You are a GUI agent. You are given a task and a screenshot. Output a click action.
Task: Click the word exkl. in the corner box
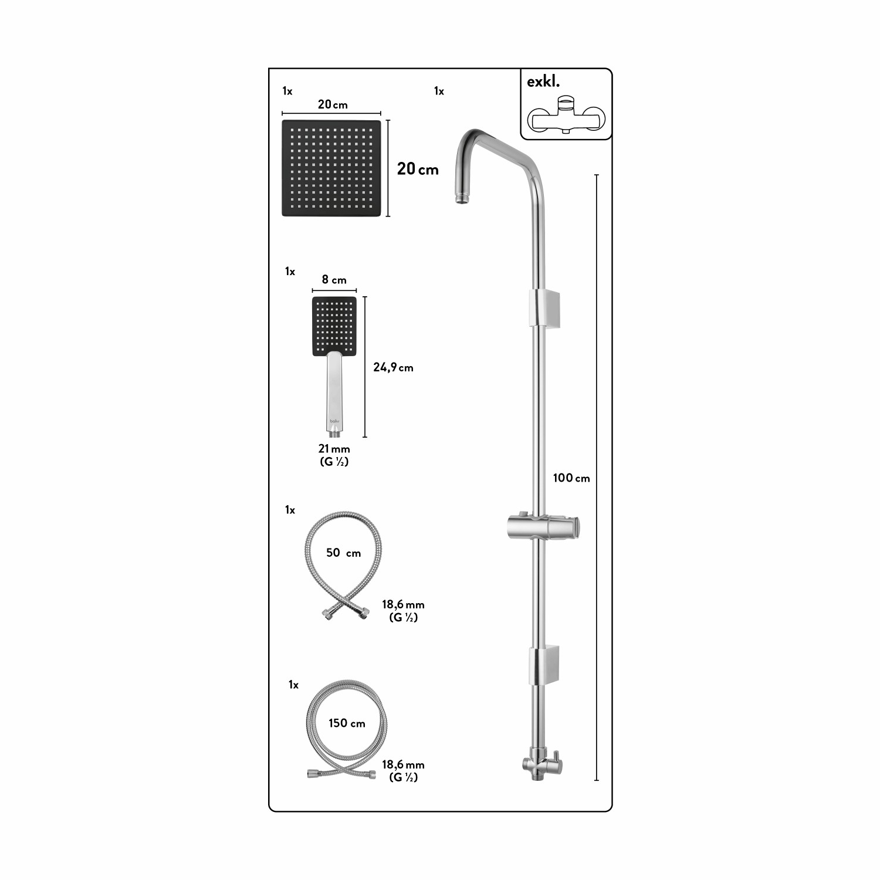coord(543,82)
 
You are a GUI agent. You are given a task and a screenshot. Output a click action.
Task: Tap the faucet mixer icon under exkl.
coord(565,117)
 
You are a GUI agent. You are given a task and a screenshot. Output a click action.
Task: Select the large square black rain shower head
coord(331,168)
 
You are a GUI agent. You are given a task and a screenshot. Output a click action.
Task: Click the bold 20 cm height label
coord(418,169)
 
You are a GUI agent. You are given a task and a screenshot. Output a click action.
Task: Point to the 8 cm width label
coord(334,280)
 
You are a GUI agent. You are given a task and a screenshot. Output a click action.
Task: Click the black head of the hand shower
coord(334,326)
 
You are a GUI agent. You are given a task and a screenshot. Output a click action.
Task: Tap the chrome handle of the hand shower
coord(334,393)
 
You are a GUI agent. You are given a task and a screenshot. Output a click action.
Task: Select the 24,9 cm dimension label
coord(393,368)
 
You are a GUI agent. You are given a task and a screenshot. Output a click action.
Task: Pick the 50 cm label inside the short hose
coord(343,553)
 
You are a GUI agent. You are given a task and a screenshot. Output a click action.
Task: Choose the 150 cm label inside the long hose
coord(347,723)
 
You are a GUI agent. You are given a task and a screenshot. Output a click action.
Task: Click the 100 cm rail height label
coord(571,478)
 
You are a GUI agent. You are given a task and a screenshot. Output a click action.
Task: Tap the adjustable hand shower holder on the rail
coord(543,526)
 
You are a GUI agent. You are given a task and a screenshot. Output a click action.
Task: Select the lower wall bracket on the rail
coord(544,665)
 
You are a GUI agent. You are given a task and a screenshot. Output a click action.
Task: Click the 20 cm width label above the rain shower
coord(332,105)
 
